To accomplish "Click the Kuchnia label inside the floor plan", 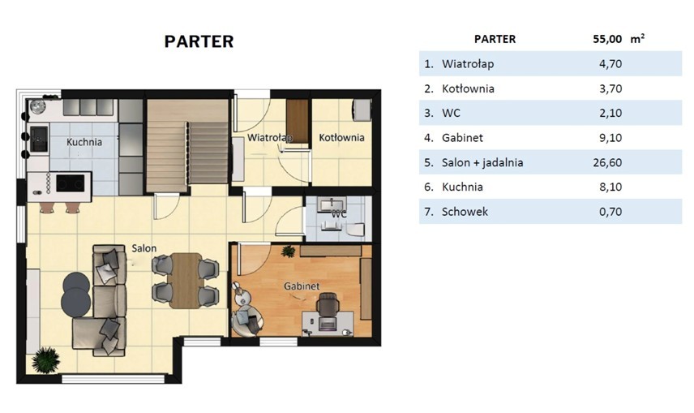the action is click(84, 142).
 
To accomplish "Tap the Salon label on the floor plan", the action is click(144, 248).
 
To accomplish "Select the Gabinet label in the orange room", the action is click(302, 286).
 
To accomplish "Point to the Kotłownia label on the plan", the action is click(341, 138).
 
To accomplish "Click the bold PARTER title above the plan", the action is click(199, 41).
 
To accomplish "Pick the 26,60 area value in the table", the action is click(607, 162).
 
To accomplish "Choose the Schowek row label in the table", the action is click(465, 212).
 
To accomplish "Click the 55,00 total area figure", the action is click(607, 39).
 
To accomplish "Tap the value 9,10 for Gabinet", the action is click(610, 138).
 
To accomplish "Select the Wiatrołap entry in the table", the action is click(468, 64).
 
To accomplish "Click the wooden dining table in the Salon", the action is click(186, 280).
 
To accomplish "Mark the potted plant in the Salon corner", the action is click(45, 359).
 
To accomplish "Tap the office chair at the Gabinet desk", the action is click(328, 307).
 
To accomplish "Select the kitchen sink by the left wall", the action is click(38, 139).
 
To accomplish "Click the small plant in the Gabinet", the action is click(289, 252).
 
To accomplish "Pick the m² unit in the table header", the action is click(637, 39).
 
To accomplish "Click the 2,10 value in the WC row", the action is click(610, 113).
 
